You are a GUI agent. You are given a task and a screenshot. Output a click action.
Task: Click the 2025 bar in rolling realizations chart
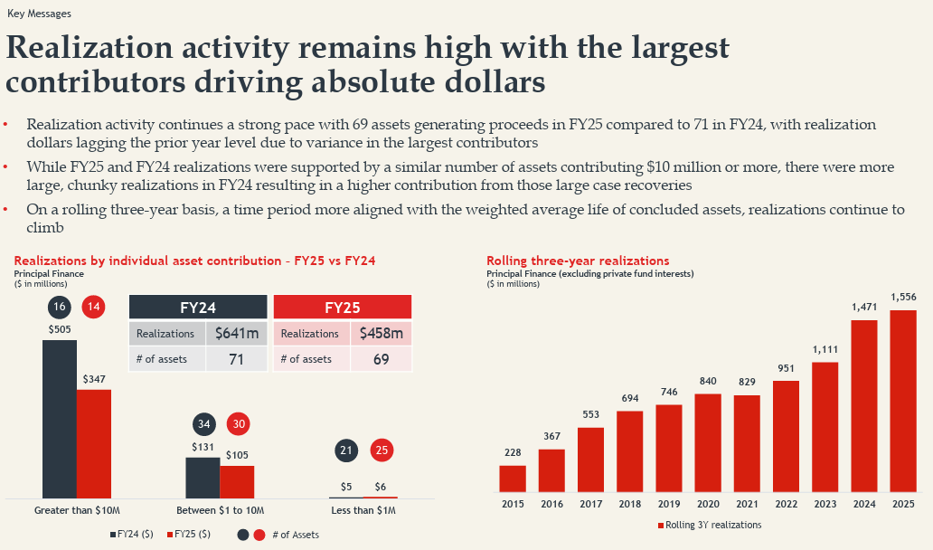pyautogui.click(x=903, y=401)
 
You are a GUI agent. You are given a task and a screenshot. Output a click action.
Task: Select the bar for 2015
pyautogui.click(x=513, y=479)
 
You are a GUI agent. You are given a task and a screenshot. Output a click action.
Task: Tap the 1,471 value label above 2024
pyautogui.click(x=864, y=308)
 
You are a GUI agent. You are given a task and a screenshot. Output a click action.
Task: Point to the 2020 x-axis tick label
pyautogui.click(x=708, y=504)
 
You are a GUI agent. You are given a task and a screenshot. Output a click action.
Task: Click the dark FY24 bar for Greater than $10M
pyautogui.click(x=60, y=419)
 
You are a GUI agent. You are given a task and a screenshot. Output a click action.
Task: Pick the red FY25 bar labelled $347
pyautogui.click(x=94, y=443)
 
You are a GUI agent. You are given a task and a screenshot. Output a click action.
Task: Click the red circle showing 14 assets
pyautogui.click(x=93, y=307)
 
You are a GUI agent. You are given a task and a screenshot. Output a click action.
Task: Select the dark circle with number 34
pyautogui.click(x=204, y=424)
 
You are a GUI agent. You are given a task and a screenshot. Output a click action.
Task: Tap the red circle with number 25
pyautogui.click(x=382, y=450)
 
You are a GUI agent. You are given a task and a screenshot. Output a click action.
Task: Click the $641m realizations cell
pyautogui.click(x=237, y=333)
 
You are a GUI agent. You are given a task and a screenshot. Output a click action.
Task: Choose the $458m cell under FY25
pyautogui.click(x=382, y=333)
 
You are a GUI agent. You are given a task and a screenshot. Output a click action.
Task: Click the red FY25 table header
pyautogui.click(x=343, y=308)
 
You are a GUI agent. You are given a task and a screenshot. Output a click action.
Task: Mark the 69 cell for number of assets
pyautogui.click(x=382, y=359)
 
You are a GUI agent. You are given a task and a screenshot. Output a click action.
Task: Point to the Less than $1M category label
pyautogui.click(x=363, y=510)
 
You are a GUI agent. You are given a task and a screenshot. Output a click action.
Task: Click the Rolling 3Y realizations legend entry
pyautogui.click(x=710, y=525)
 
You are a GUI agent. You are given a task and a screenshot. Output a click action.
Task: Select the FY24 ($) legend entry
pyautogui.click(x=131, y=534)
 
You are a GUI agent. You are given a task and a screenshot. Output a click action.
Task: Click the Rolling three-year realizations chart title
pyautogui.click(x=578, y=261)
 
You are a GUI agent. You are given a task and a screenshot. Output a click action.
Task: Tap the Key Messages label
pyautogui.click(x=39, y=13)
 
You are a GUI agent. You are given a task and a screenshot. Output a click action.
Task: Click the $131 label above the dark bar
pyautogui.click(x=203, y=447)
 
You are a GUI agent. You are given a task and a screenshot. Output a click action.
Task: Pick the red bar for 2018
pyautogui.click(x=629, y=451)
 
